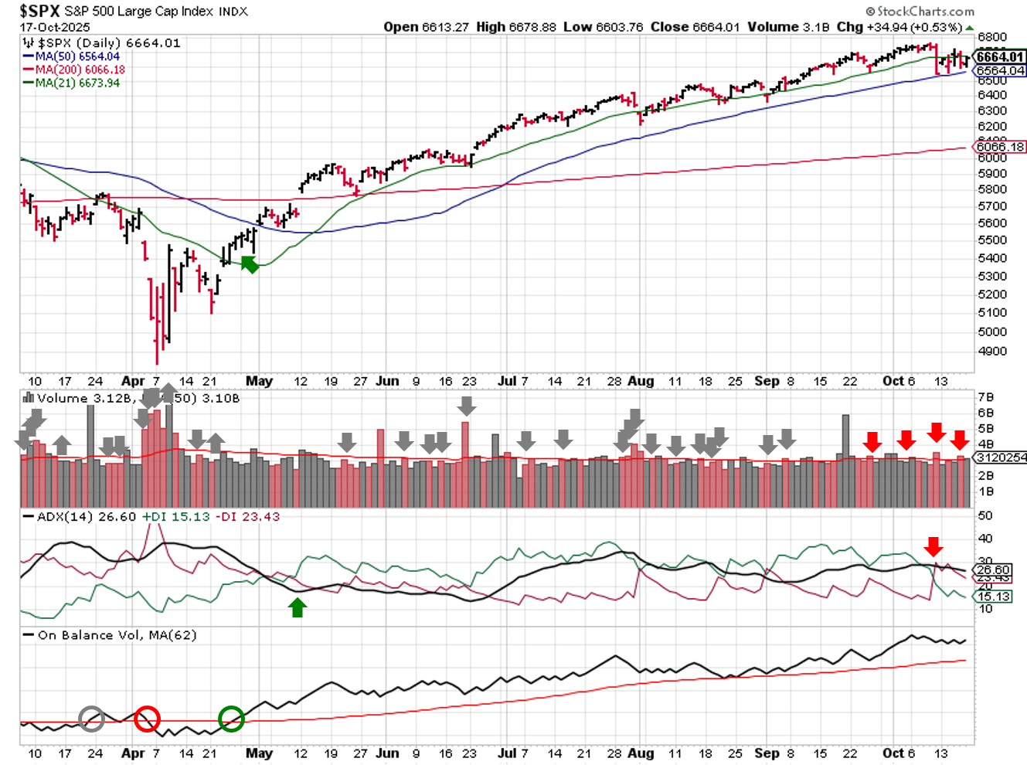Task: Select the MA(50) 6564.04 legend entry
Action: [x=77, y=56]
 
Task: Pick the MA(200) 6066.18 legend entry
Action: [x=80, y=70]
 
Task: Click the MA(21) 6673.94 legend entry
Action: [x=77, y=83]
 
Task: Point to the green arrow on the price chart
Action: [x=250, y=264]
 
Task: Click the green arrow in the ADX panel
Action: [x=298, y=607]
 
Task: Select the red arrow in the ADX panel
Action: [x=933, y=546]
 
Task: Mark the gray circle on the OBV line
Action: [x=92, y=719]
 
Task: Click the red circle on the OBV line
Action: [x=147, y=719]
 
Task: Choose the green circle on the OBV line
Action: [x=232, y=719]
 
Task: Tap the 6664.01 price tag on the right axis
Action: [x=1000, y=56]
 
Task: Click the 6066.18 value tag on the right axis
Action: [x=1000, y=147]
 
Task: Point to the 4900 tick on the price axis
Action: [x=991, y=351]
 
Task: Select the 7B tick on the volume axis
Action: [x=985, y=397]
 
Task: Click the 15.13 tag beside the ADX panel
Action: [x=994, y=597]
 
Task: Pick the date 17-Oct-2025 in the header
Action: [x=55, y=27]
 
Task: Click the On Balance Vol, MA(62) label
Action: [x=117, y=635]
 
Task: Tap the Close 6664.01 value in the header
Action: [x=695, y=27]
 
